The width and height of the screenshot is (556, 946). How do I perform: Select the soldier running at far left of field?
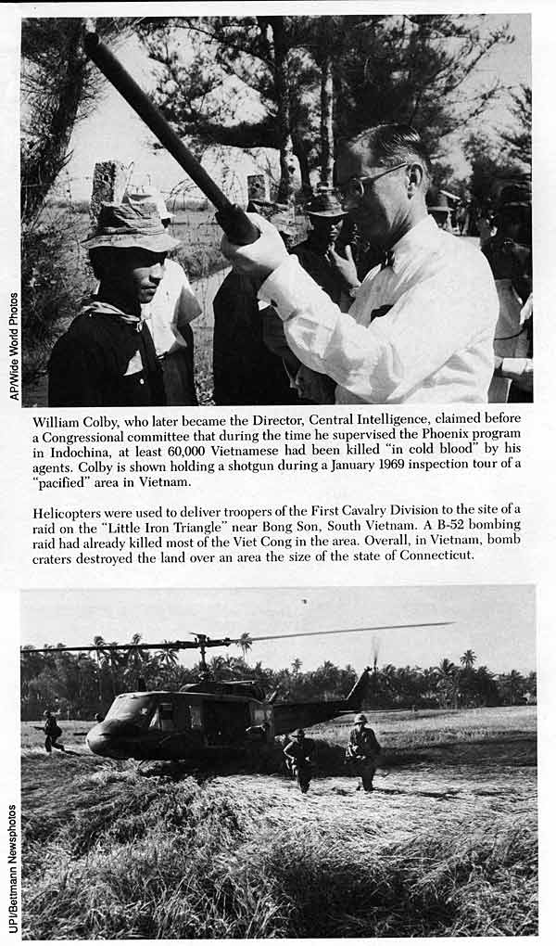point(52,730)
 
